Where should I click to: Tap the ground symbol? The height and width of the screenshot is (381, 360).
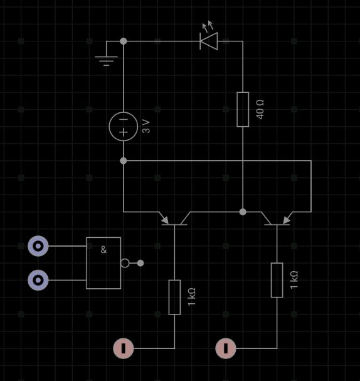[x=107, y=60]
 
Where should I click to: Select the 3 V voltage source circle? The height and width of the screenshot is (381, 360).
[x=124, y=126]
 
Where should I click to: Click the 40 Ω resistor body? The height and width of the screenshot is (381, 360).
[x=243, y=109]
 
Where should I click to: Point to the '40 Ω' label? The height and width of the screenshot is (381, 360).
[x=260, y=109]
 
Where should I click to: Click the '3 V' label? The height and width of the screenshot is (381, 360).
[x=146, y=126]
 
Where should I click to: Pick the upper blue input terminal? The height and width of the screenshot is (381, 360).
[x=38, y=246]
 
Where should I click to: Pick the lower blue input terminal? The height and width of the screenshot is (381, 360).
[x=38, y=280]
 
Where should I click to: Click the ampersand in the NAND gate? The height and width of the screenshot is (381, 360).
[x=103, y=250]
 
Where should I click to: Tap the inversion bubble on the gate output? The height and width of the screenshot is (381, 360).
[x=125, y=263]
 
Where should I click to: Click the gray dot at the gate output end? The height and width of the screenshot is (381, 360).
[x=140, y=263]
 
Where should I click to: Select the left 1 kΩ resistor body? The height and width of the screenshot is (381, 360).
[x=174, y=297]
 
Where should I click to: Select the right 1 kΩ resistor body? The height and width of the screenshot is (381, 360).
[x=277, y=280]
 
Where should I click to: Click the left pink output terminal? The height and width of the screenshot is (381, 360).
[x=124, y=348]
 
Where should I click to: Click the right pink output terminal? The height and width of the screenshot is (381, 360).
[x=226, y=348]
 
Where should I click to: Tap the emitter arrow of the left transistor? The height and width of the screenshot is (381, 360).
[x=165, y=220]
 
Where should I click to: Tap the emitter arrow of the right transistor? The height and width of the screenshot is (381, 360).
[x=287, y=220]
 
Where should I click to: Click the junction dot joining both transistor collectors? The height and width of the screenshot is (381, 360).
[x=243, y=212]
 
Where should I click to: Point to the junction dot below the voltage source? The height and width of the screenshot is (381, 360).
[x=124, y=161]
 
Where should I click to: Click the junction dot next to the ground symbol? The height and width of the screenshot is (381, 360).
[x=124, y=41]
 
